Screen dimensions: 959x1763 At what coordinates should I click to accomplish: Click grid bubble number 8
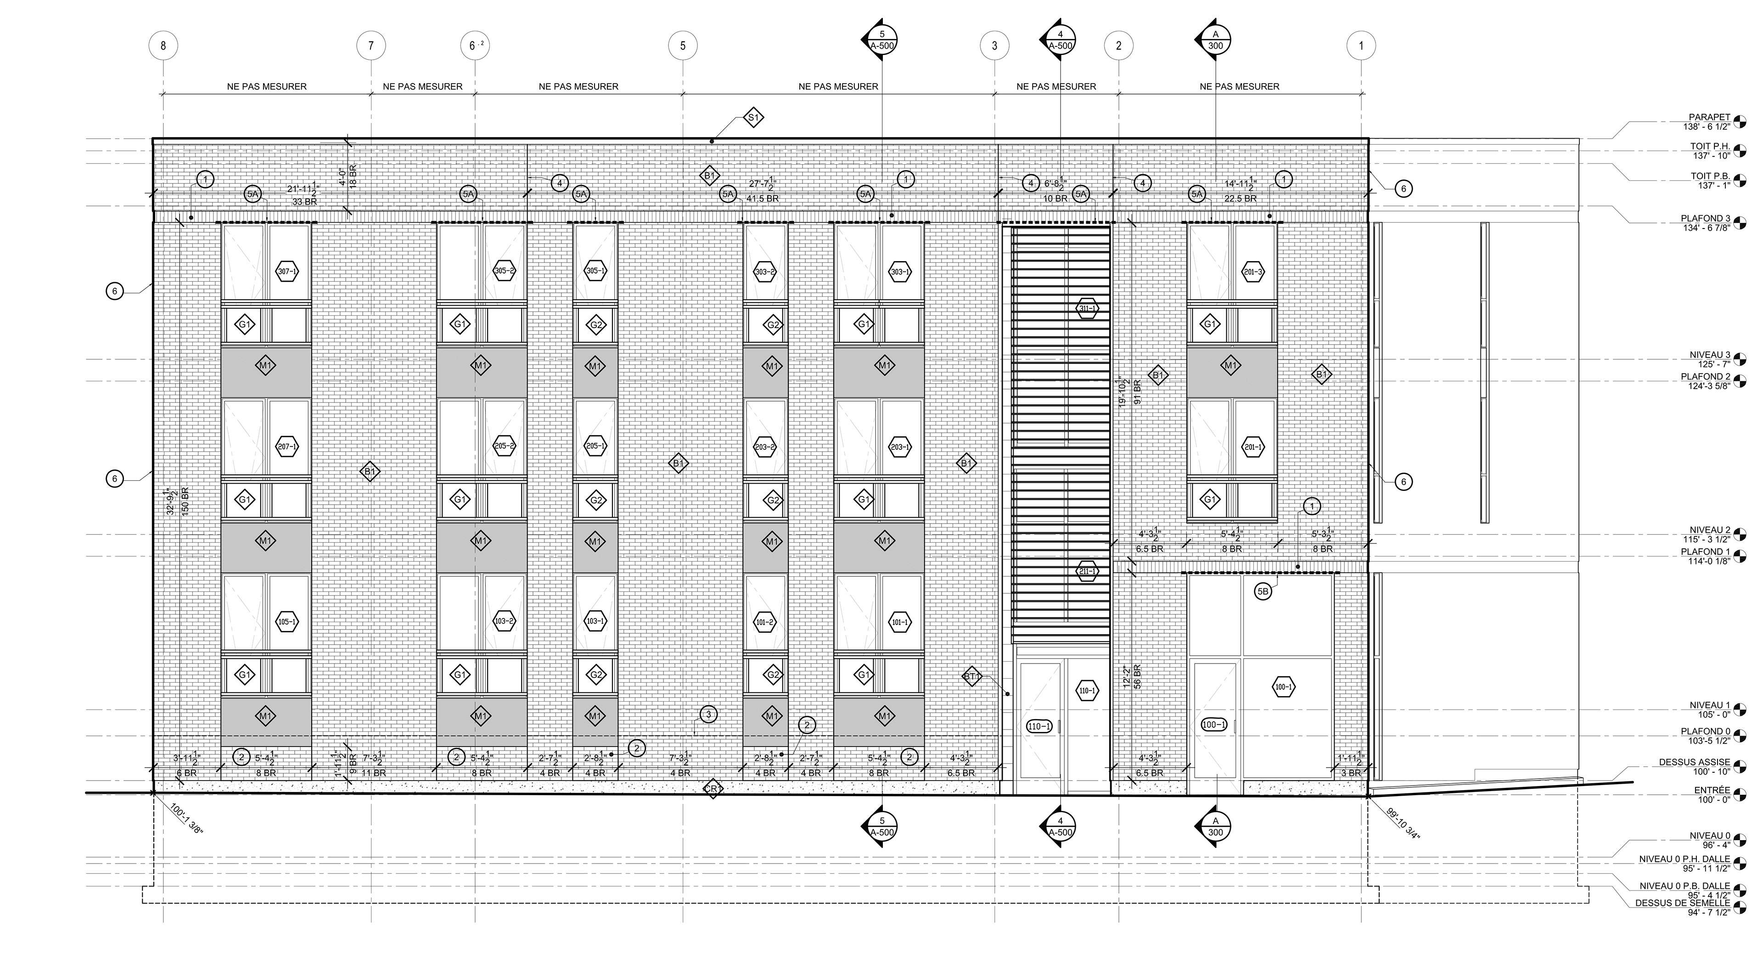(x=163, y=46)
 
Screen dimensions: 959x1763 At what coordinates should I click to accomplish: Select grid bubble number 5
(x=682, y=46)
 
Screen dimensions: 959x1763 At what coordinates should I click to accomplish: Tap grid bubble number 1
(x=1360, y=46)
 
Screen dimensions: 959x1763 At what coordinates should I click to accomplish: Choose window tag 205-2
(x=505, y=446)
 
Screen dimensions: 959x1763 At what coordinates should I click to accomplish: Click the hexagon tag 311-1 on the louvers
(x=1088, y=308)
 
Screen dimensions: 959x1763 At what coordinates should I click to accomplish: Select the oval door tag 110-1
(x=1039, y=726)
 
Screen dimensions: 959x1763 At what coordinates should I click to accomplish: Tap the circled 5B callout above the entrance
(x=1263, y=591)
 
